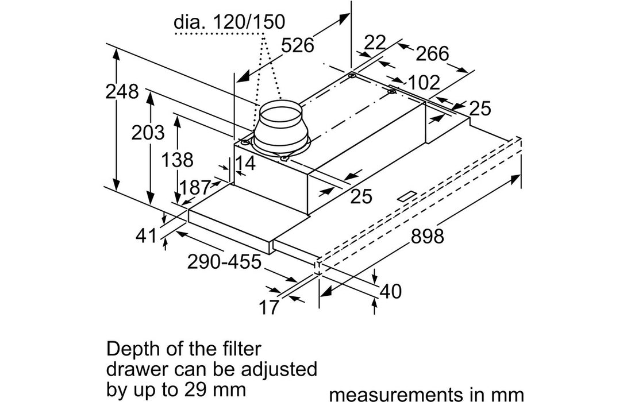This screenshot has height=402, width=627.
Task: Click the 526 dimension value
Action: (298, 45)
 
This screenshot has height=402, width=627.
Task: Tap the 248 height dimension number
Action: (122, 92)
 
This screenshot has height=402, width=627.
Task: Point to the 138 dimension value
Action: (177, 160)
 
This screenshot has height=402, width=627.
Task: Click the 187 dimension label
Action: (195, 187)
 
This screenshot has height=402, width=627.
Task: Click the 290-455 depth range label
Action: (224, 262)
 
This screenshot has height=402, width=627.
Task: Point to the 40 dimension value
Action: (391, 291)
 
